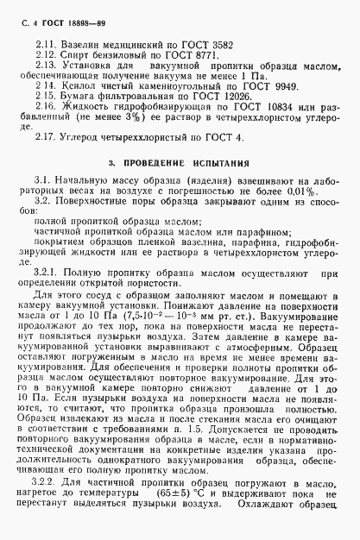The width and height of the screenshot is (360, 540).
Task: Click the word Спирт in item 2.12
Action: pos(75,53)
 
